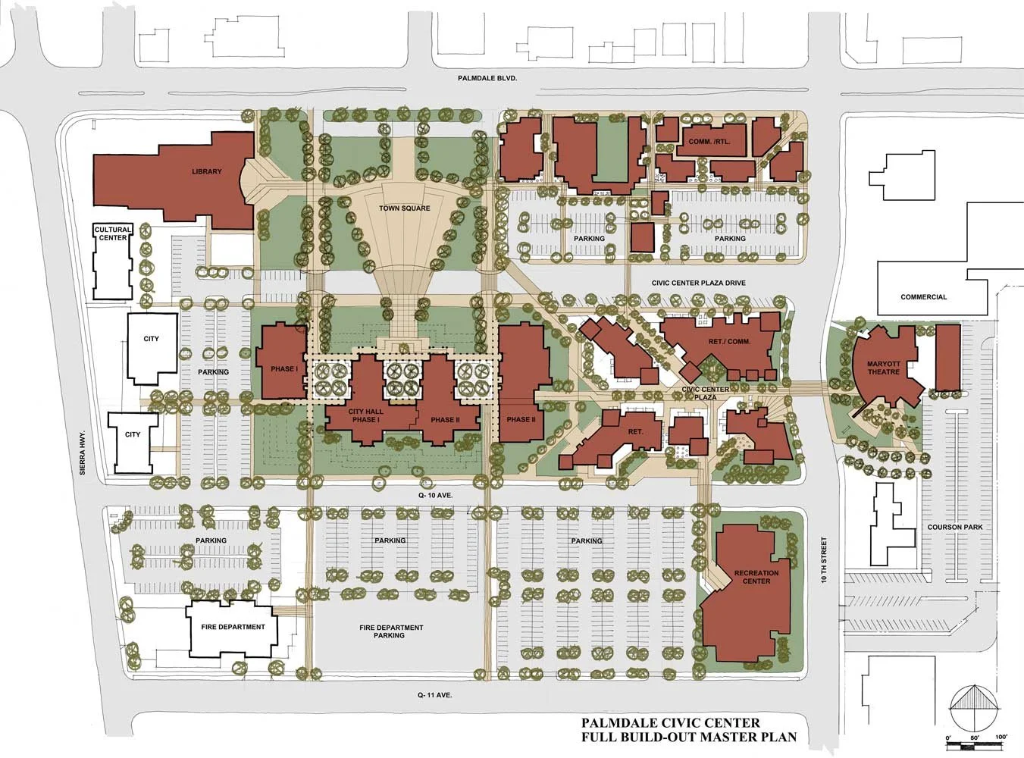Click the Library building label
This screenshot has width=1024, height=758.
coord(207,171)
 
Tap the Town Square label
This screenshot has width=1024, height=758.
coord(405,208)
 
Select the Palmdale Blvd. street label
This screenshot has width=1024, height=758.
coord(487,79)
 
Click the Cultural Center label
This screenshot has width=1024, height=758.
coord(113,233)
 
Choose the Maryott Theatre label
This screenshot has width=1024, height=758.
coord(884,368)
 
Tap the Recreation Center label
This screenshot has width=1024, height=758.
coord(756,577)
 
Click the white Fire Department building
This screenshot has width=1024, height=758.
coord(232,628)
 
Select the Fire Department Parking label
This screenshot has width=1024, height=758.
coord(391,631)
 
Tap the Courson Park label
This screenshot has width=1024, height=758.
coord(955,527)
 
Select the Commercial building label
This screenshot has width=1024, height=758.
coord(923,297)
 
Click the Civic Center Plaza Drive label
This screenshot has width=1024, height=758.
coord(699,283)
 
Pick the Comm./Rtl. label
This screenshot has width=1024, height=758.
coord(709,142)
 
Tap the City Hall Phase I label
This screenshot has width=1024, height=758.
coord(365,415)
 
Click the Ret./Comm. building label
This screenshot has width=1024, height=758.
coord(729,342)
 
